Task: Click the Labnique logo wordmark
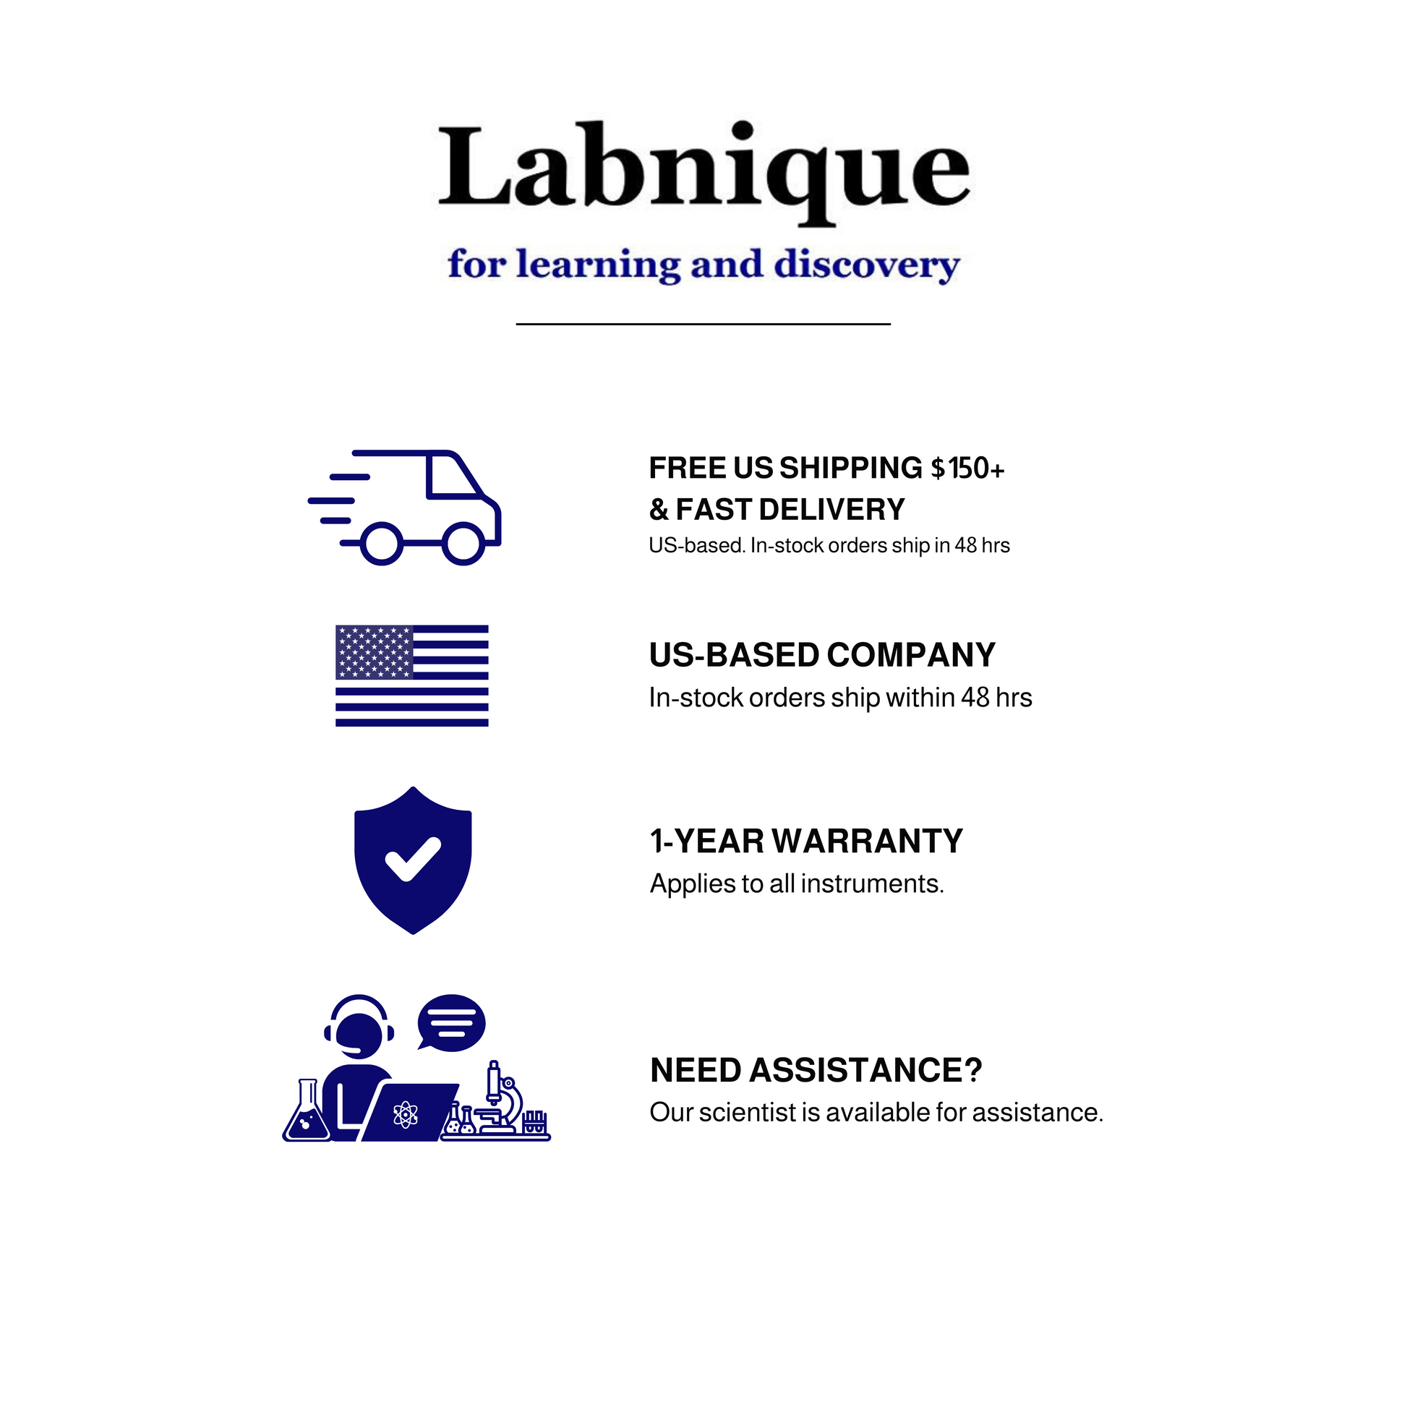pyautogui.click(x=703, y=171)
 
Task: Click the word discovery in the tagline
pyautogui.click(x=867, y=265)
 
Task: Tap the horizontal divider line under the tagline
pyautogui.click(x=703, y=323)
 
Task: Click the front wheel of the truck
pyautogui.click(x=463, y=543)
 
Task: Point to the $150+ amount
pyautogui.click(x=968, y=469)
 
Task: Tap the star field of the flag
pyautogui.click(x=374, y=651)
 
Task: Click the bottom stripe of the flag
pyautogui.click(x=412, y=722)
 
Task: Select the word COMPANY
pyautogui.click(x=911, y=655)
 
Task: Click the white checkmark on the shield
pyautogui.click(x=413, y=860)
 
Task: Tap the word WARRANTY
pyautogui.click(x=868, y=841)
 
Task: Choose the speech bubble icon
pyautogui.click(x=450, y=1022)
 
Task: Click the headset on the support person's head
pyautogui.click(x=359, y=1016)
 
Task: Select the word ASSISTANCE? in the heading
pyautogui.click(x=866, y=1071)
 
